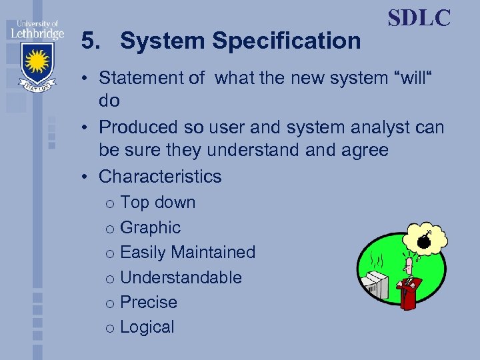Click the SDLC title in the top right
419,18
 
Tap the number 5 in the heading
87,41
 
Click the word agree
365,151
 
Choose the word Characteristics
160,177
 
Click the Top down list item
157,203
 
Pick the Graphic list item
150,227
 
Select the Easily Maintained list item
187,253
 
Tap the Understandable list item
181,277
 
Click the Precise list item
149,302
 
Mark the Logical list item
147,327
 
